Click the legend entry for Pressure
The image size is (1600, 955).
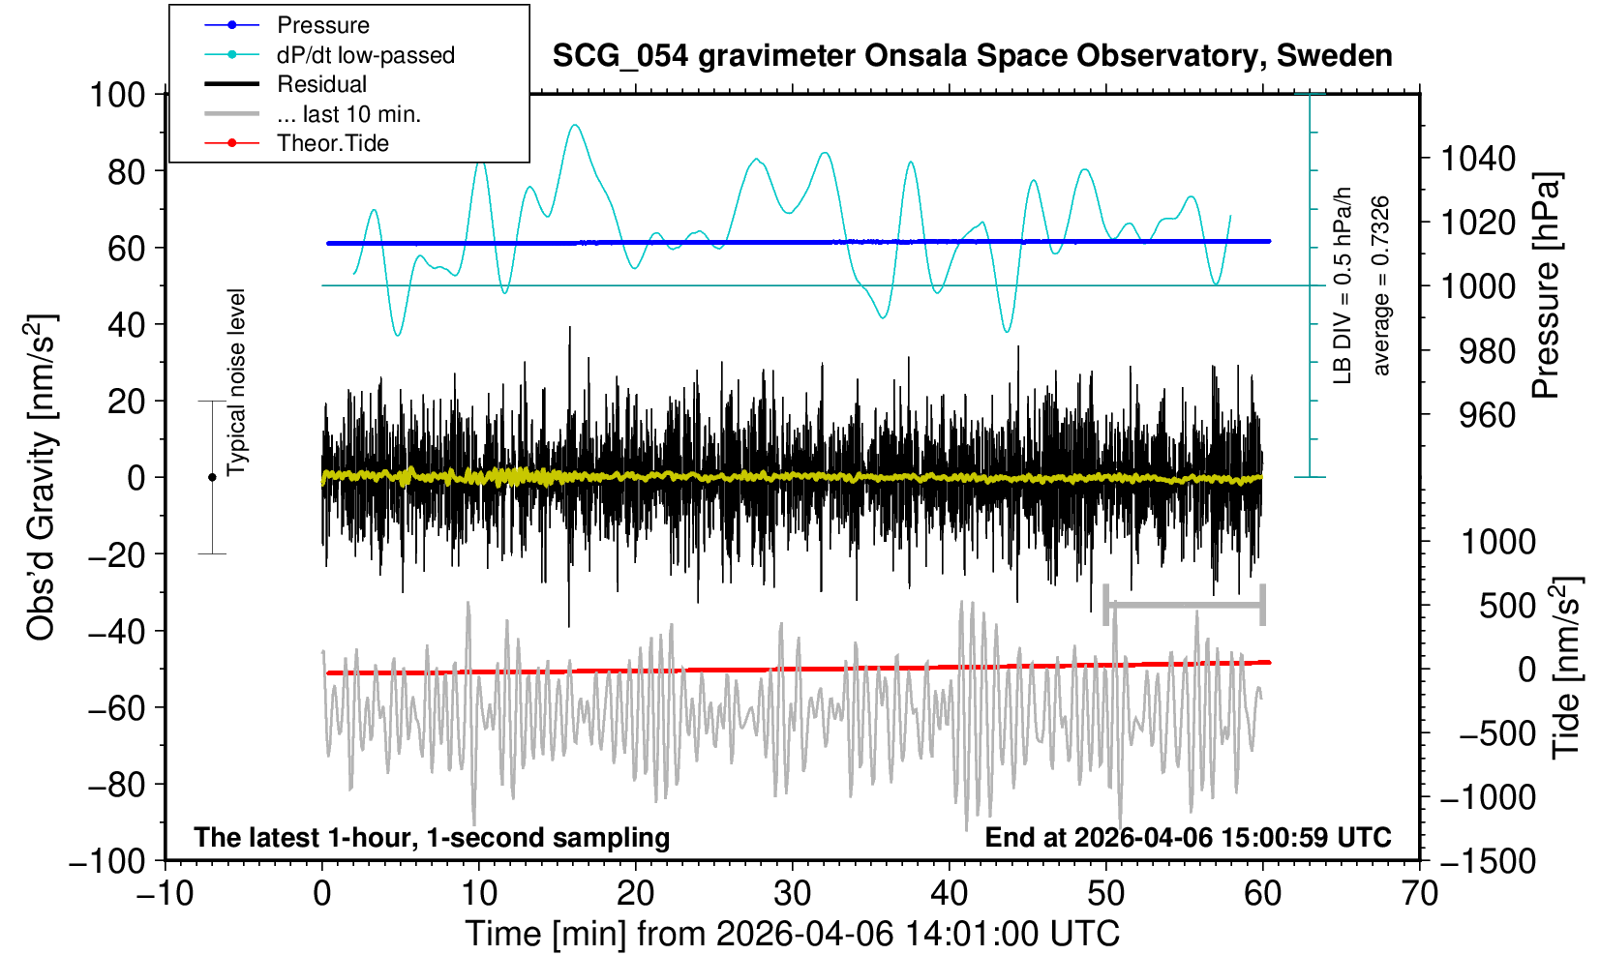(322, 25)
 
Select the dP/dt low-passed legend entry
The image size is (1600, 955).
(365, 55)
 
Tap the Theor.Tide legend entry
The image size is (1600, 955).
(332, 143)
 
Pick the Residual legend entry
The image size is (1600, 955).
(321, 84)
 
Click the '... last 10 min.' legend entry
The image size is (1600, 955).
(348, 114)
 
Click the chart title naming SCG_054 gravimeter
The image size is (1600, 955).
(972, 56)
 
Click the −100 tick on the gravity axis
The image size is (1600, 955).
(107, 860)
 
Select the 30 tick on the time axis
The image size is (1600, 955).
(792, 892)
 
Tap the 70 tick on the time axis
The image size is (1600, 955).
(1419, 892)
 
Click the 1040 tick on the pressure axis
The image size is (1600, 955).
(1478, 158)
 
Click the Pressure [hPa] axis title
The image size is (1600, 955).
(1546, 285)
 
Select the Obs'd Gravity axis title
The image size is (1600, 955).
(42, 477)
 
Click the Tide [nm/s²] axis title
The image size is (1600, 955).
(1567, 668)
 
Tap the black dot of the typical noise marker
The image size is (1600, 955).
(212, 477)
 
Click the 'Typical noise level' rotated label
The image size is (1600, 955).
(236, 382)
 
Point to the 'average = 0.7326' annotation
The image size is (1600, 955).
(1381, 285)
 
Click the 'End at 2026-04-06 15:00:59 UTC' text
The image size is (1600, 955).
(1188, 837)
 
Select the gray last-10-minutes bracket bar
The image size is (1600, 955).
(1184, 606)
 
